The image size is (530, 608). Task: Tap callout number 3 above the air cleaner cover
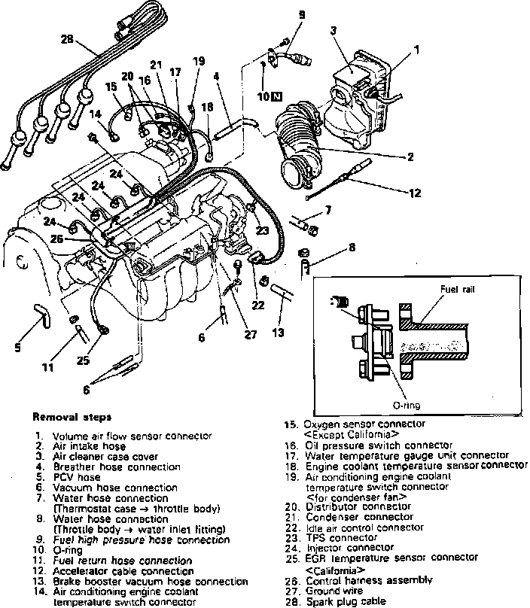click(x=332, y=31)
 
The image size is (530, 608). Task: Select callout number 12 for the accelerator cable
click(x=416, y=192)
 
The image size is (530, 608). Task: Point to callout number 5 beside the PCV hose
click(x=19, y=347)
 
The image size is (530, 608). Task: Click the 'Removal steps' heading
click(x=72, y=416)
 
